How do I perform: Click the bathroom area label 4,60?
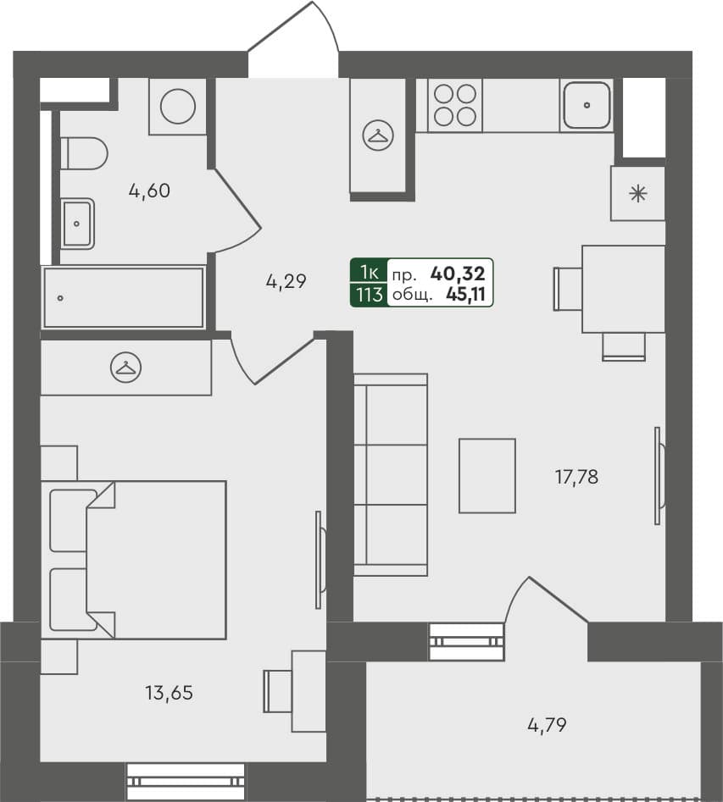[x=149, y=191]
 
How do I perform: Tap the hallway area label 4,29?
[x=285, y=282]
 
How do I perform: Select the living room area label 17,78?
[x=576, y=477]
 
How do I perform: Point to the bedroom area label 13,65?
[x=170, y=693]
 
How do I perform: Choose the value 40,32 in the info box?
[x=458, y=273]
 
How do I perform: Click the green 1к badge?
[x=369, y=273]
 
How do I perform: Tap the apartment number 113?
[x=369, y=295]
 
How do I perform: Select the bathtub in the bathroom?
[x=124, y=297]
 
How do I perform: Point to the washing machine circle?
[x=178, y=106]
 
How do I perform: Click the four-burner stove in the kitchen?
[x=454, y=105]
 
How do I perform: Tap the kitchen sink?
[x=587, y=105]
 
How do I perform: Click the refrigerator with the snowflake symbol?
[x=637, y=194]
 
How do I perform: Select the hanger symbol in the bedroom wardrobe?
[x=126, y=367]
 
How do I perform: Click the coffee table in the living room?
[x=487, y=475]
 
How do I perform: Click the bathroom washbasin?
[x=77, y=224]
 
